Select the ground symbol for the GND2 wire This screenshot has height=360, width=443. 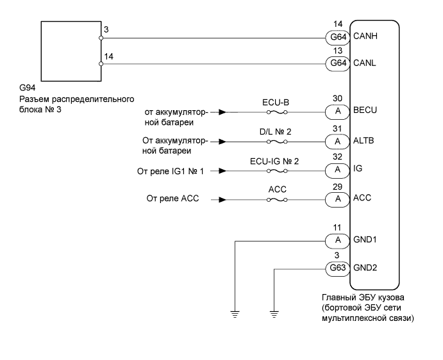(274, 314)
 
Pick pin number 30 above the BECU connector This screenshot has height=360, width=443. (337, 100)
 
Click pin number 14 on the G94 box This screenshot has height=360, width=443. (109, 57)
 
